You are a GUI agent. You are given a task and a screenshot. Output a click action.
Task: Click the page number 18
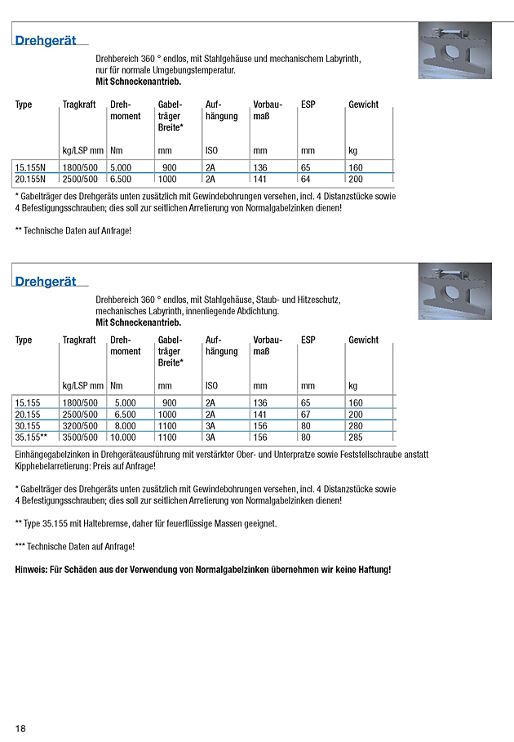[x=20, y=727]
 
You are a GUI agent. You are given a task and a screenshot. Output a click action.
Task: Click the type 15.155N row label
[x=31, y=167]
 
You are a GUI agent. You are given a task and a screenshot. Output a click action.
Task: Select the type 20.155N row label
[x=31, y=179]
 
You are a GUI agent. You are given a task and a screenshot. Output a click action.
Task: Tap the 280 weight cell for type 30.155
[x=356, y=425]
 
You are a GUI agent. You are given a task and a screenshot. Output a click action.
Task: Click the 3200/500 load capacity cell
[x=81, y=425]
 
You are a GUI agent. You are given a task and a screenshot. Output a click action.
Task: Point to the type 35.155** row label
[x=33, y=438]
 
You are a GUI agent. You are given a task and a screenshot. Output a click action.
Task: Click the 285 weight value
[x=356, y=438]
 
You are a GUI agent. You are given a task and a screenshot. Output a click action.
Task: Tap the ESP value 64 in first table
[x=306, y=179]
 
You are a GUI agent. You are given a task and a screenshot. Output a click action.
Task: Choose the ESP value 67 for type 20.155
[x=306, y=414]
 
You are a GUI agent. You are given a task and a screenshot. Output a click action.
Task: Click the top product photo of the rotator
[x=454, y=56]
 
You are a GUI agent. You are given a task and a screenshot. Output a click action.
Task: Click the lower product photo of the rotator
[x=454, y=291]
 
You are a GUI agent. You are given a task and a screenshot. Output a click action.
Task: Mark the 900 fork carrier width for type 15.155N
[x=170, y=167]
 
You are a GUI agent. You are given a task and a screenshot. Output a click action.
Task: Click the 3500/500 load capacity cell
[x=81, y=438]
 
